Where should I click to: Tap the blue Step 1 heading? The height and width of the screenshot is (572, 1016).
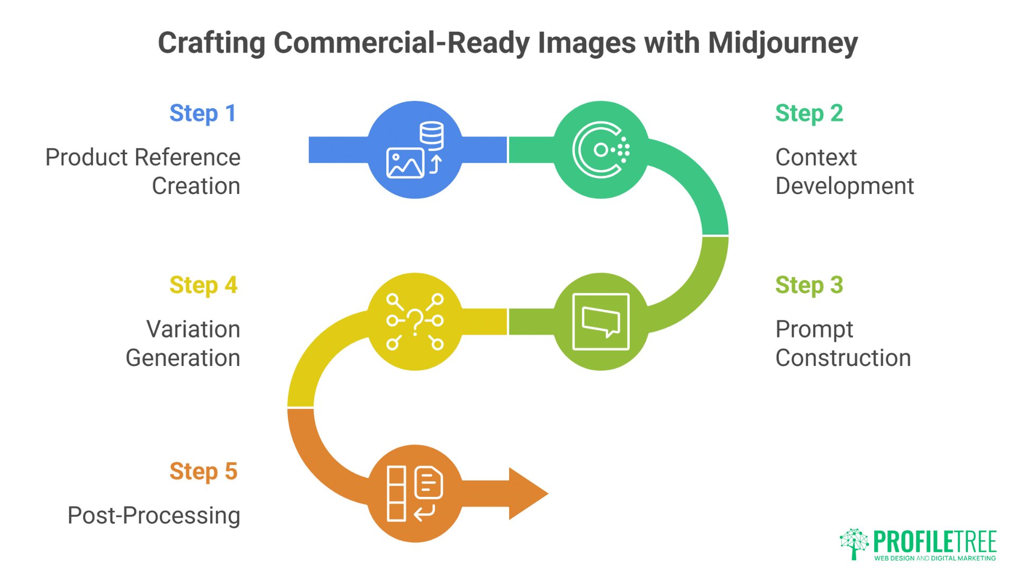click(203, 113)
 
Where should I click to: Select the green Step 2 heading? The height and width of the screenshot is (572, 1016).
click(809, 113)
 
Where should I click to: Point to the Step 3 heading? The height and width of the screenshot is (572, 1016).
click(809, 285)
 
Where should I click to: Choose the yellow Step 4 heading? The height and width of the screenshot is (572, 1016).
click(203, 285)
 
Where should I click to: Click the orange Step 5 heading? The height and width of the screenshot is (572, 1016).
click(203, 471)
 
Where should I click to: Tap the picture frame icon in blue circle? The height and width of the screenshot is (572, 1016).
click(405, 163)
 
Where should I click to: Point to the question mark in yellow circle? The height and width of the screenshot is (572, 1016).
click(415, 320)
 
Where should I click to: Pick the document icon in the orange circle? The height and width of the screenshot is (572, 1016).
click(429, 482)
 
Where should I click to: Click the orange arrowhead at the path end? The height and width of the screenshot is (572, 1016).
click(527, 494)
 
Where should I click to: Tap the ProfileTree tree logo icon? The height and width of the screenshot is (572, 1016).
click(854, 543)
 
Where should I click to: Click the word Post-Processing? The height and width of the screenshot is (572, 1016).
click(153, 515)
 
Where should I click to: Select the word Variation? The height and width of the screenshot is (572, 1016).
click(193, 329)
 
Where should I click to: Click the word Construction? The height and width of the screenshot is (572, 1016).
click(843, 358)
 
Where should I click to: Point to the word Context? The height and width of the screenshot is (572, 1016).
click(815, 157)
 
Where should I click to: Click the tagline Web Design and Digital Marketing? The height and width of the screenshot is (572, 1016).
click(935, 558)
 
